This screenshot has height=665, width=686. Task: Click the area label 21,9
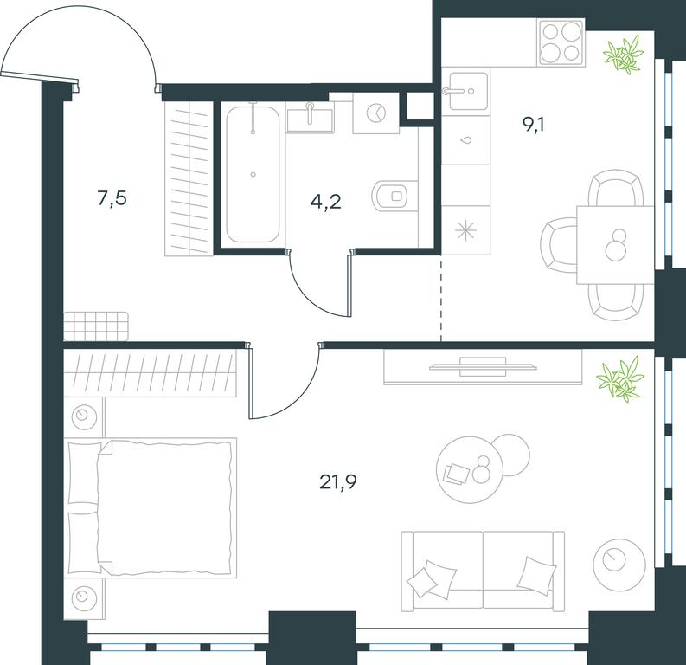[x=338, y=482]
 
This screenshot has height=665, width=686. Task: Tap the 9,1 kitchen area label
[x=533, y=126]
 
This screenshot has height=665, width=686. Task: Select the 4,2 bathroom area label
[x=325, y=203]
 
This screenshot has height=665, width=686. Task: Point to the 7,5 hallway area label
[x=112, y=198]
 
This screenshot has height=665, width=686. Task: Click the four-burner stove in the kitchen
[x=561, y=42]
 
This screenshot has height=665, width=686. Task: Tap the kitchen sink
[x=469, y=91]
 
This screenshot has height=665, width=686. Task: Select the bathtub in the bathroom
[x=253, y=174]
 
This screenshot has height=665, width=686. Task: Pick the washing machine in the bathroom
[x=375, y=113]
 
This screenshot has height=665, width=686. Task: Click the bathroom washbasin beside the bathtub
[x=311, y=116]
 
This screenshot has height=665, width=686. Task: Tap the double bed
[x=151, y=507]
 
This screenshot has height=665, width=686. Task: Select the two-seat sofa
[x=483, y=571]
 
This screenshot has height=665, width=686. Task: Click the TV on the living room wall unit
[x=483, y=366]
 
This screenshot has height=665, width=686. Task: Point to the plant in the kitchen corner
[x=624, y=54]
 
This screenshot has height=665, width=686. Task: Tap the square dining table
[x=615, y=245]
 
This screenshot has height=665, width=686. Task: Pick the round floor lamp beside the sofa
[x=619, y=564]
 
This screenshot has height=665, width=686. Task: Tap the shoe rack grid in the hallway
[x=96, y=326]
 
